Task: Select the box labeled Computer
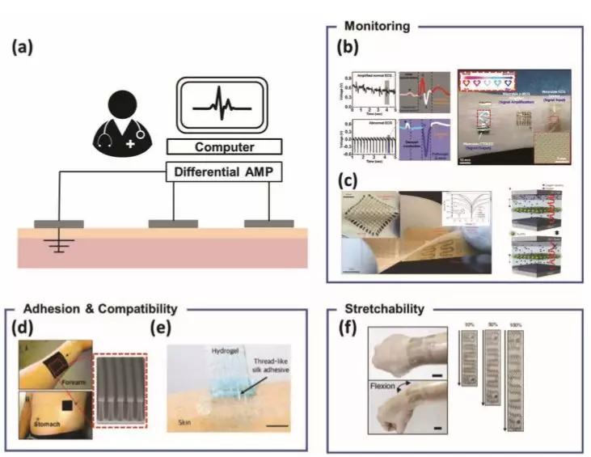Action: (224, 147)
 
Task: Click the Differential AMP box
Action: (224, 172)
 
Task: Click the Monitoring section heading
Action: (378, 26)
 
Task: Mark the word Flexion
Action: (383, 387)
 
